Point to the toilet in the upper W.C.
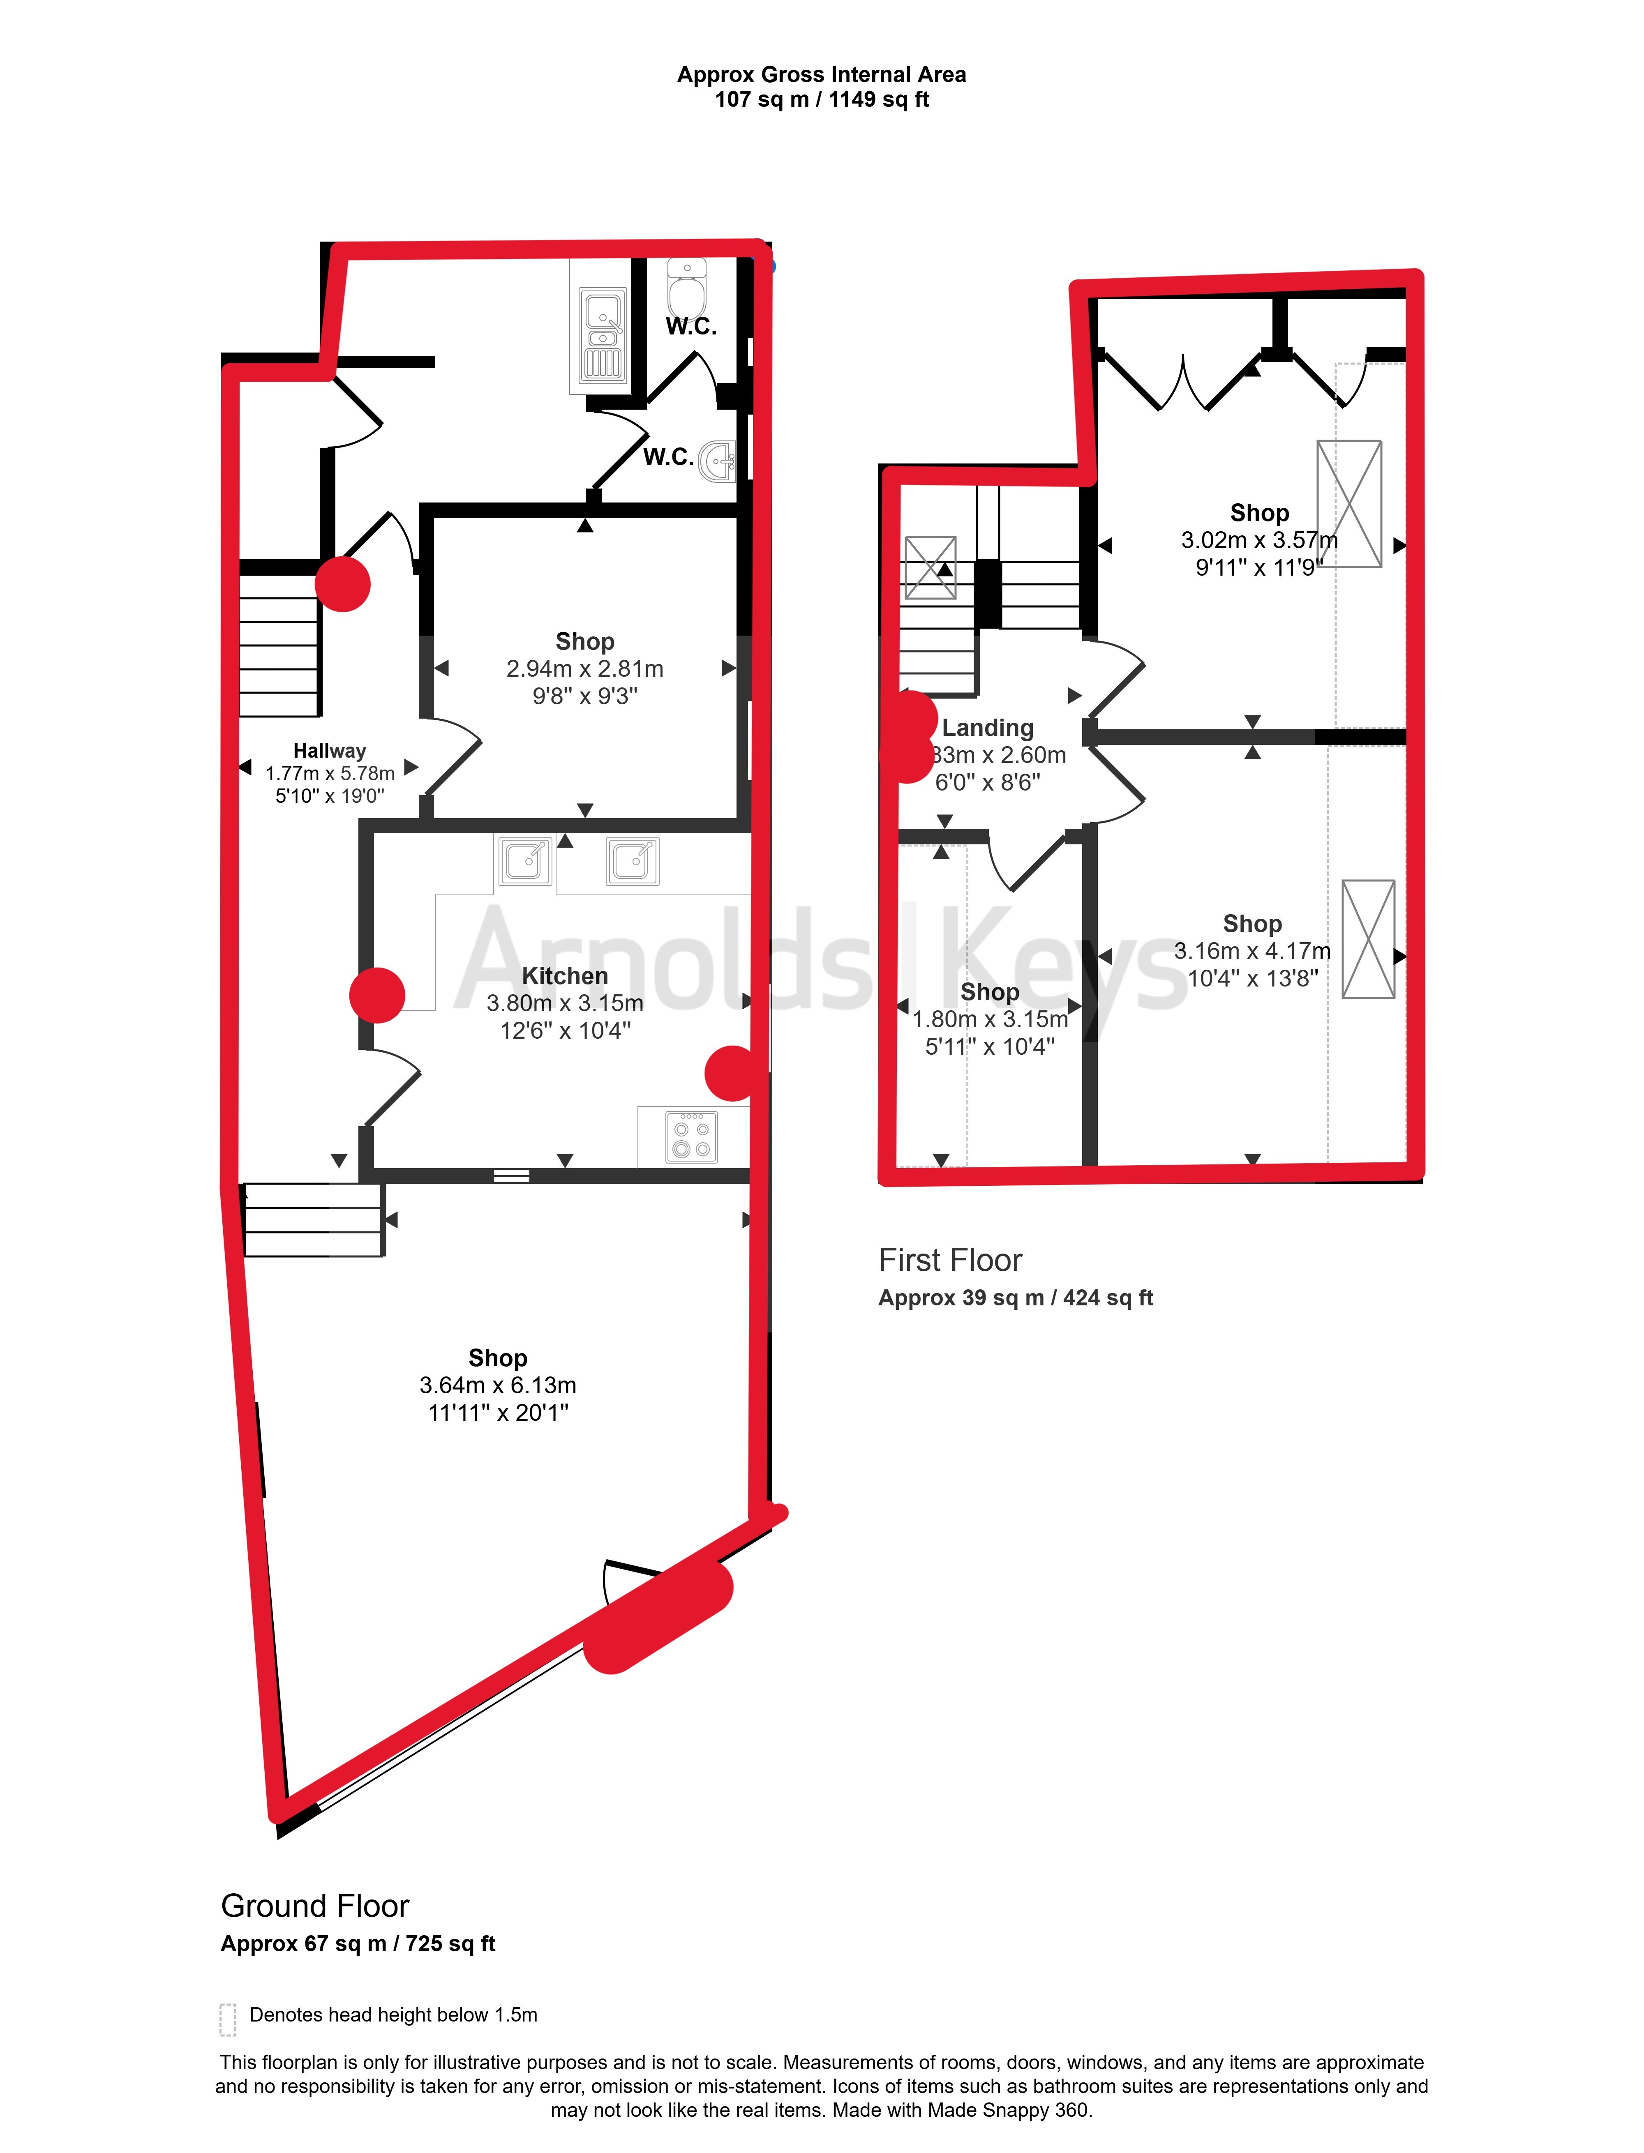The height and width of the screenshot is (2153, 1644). (x=687, y=288)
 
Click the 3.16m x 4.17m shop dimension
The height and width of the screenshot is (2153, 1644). (x=1253, y=951)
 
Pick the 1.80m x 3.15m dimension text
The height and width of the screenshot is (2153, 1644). (x=991, y=1019)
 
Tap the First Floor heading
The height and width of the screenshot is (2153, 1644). (x=950, y=1260)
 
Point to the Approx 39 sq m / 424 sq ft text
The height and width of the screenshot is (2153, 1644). (x=1016, y=1298)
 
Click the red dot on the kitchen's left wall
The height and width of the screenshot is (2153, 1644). (x=377, y=995)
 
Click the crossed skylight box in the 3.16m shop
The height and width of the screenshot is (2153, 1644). (x=1368, y=939)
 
